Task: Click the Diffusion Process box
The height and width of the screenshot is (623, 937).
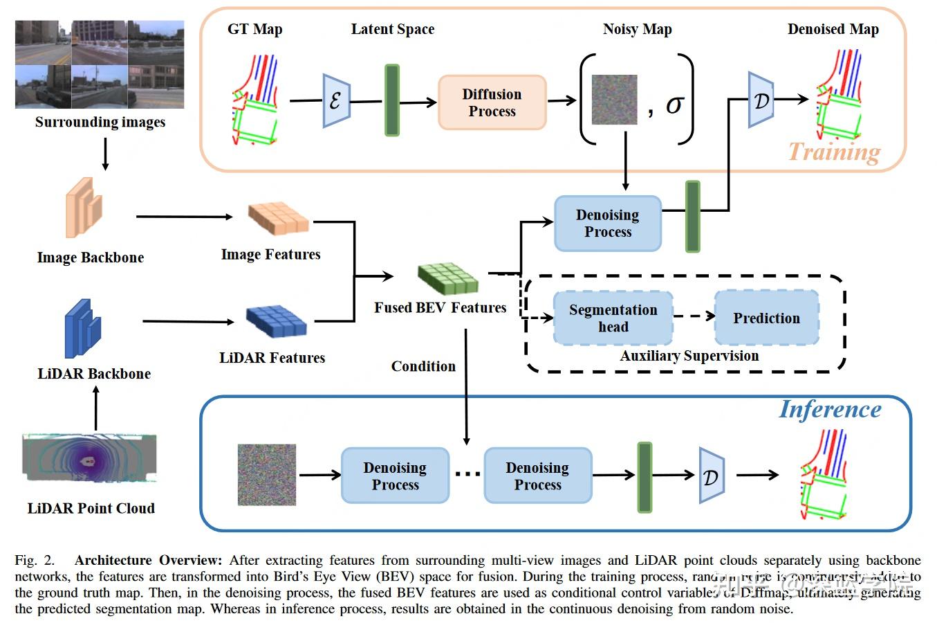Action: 492,102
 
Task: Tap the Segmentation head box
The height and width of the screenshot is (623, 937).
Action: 613,318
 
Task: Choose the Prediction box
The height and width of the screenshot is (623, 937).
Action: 766,318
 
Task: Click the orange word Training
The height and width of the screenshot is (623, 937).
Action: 834,152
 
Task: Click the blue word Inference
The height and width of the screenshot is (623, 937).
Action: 830,409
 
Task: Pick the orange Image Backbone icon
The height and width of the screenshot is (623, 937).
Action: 84,208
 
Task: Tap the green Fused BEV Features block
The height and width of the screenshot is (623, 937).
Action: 448,278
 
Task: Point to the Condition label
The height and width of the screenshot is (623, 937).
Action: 423,366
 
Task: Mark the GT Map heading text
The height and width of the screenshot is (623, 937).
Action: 254,29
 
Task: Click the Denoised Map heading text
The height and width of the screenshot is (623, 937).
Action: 833,29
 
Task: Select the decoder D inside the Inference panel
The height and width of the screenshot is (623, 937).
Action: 711,476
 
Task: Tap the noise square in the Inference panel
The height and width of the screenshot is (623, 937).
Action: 267,475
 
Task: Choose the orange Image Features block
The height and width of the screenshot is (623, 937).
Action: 278,218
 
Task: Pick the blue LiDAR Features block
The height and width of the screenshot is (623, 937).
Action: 277,321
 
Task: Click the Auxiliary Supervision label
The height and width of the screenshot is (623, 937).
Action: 689,356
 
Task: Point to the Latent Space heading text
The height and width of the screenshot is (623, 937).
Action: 392,29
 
